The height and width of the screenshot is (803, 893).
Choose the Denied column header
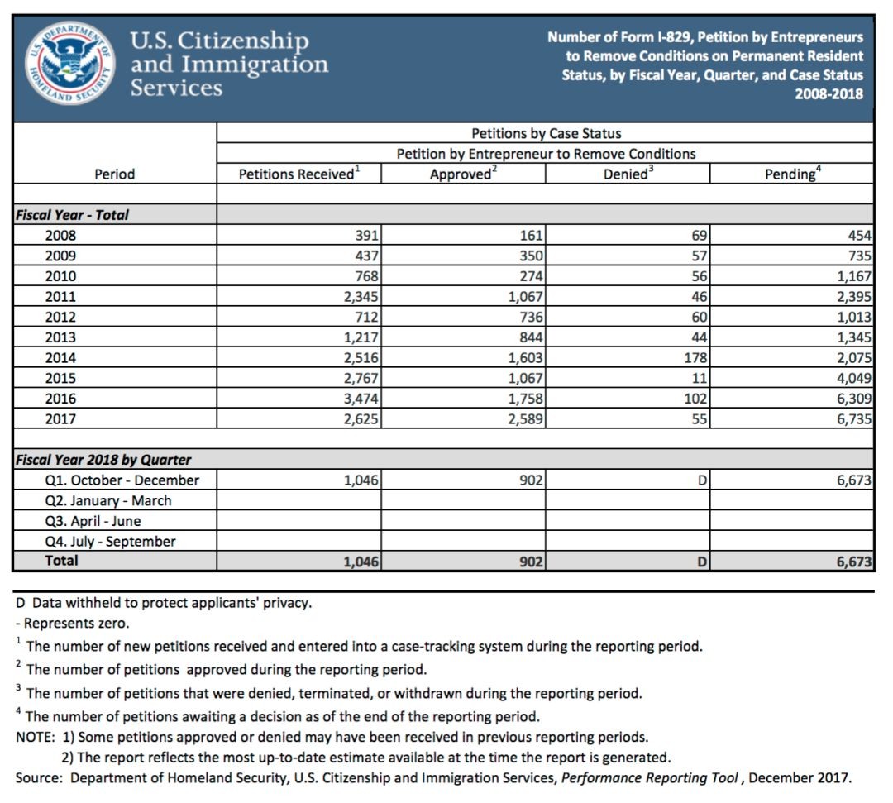pyautogui.click(x=627, y=174)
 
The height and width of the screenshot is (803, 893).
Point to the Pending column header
pyautogui.click(x=792, y=174)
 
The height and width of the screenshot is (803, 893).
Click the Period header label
pyautogui.click(x=114, y=174)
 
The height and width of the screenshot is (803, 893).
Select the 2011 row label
pyautogui.click(x=60, y=296)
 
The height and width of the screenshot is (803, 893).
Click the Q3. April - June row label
pyautogui.click(x=93, y=521)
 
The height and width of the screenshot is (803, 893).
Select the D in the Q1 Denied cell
pyautogui.click(x=702, y=480)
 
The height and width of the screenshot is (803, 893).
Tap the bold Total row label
pyautogui.click(x=62, y=561)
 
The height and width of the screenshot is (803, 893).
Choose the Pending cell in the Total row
pyautogui.click(x=852, y=562)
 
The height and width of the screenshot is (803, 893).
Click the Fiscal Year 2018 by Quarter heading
pyautogui.click(x=103, y=460)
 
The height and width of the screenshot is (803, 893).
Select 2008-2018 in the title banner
pyautogui.click(x=829, y=93)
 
